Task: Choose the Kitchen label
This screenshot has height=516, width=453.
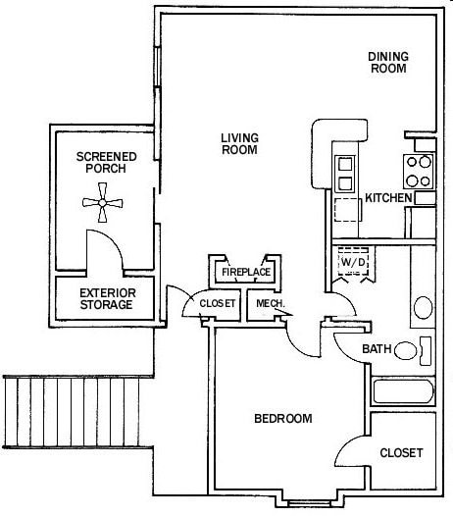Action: [387, 198]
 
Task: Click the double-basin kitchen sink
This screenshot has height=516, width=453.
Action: [346, 173]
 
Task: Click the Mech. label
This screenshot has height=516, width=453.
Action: [270, 304]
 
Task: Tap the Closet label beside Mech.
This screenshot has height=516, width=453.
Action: [218, 304]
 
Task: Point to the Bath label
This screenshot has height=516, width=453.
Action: [377, 349]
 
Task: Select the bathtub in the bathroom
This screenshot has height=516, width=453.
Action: [403, 395]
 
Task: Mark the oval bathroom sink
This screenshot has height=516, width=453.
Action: [424, 307]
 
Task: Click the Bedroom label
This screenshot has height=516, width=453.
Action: [282, 419]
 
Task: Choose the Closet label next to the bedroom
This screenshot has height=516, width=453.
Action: [401, 452]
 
